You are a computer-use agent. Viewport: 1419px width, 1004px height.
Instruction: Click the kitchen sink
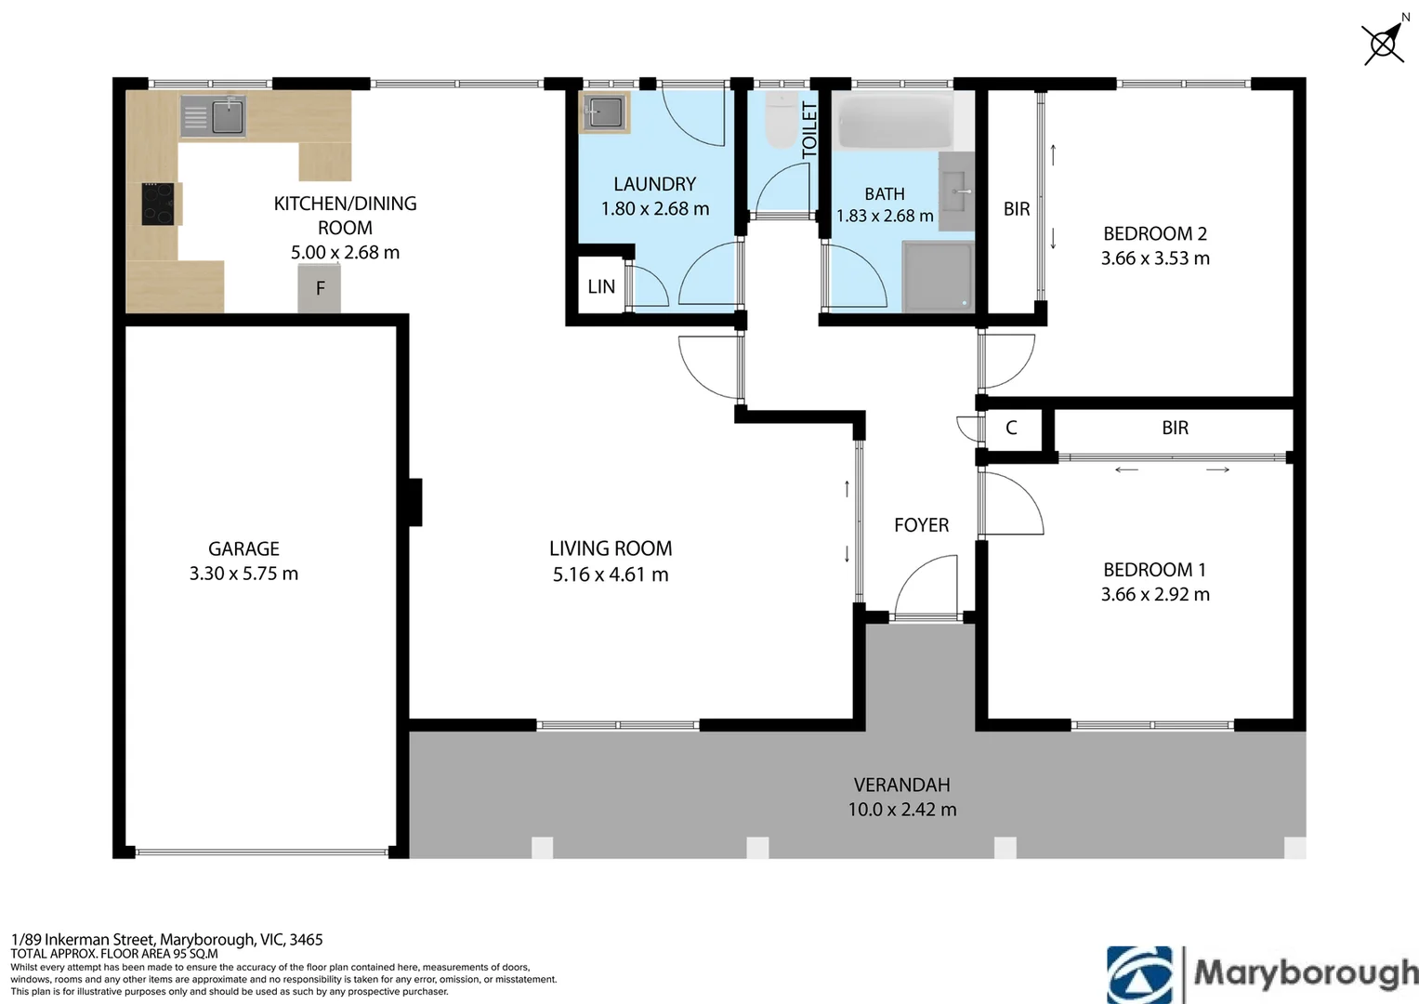point(213,116)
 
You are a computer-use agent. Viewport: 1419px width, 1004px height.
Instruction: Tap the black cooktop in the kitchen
point(158,205)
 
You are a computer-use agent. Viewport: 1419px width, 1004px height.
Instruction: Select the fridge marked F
point(320,288)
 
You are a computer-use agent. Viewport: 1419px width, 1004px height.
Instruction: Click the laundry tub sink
point(604,112)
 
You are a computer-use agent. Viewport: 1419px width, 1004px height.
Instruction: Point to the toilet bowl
point(782,120)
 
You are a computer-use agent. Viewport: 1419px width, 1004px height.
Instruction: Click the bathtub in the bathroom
point(896,122)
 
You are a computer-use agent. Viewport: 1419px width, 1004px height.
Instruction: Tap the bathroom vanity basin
point(956,192)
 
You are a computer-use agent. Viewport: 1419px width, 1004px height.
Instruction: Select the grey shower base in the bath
point(938,276)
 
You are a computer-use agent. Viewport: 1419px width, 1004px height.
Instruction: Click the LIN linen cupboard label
point(601,287)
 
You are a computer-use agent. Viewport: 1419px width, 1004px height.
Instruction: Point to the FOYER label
point(922,525)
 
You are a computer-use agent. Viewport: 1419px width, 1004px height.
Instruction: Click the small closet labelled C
point(1012,429)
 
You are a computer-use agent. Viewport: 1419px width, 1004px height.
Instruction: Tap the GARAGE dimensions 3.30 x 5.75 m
point(243,574)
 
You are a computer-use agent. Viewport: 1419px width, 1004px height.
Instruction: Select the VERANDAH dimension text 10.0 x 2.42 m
point(902,810)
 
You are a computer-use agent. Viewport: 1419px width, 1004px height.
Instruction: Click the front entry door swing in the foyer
point(926,586)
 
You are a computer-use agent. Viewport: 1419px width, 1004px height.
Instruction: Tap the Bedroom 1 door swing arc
point(1012,505)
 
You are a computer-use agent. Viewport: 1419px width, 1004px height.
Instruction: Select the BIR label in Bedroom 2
point(1017,209)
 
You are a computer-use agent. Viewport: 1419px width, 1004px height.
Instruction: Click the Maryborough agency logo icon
point(1139,975)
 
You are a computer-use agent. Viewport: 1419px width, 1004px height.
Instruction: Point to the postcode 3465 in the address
point(307,939)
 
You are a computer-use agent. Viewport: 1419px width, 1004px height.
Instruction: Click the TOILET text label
point(809,130)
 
